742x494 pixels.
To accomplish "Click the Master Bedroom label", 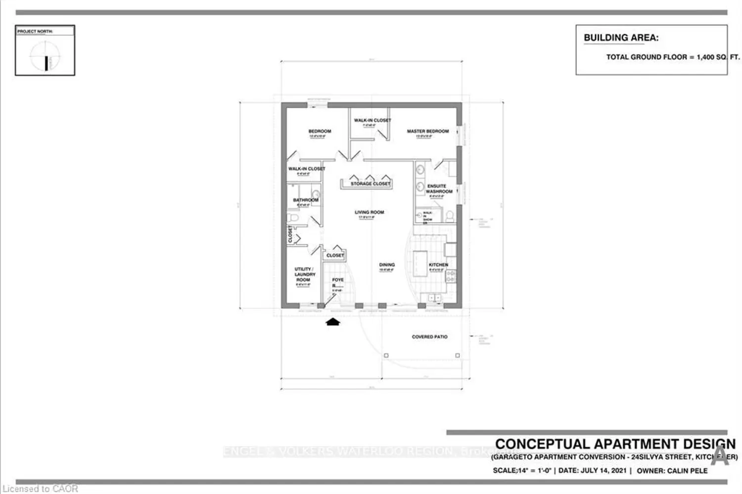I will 428,131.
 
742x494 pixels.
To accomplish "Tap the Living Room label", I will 369,212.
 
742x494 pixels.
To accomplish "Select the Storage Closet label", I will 371,184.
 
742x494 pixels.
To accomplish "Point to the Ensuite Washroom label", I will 439,189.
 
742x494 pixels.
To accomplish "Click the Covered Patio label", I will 429,337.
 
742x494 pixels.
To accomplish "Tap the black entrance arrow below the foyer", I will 333,322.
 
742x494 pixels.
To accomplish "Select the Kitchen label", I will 438,265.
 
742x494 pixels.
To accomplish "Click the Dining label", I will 387,265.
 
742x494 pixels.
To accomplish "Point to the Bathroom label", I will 306,200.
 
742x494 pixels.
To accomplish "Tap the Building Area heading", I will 621,38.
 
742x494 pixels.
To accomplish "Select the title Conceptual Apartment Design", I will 615,444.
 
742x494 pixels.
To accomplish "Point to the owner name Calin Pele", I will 687,471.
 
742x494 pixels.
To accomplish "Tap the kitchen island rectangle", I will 420,265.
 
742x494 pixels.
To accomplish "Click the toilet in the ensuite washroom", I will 450,215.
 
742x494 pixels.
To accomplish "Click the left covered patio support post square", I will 386,356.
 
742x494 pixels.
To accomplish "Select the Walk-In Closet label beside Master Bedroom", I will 372,120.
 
